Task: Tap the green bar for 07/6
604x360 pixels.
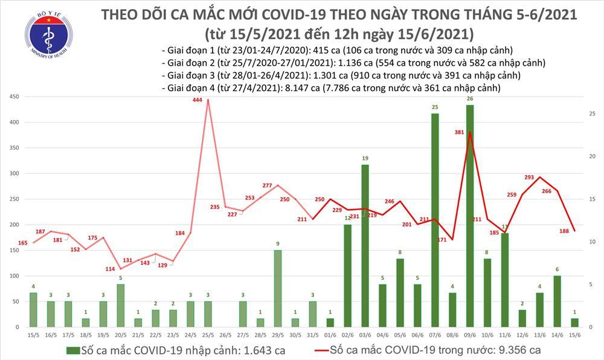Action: click(435, 220)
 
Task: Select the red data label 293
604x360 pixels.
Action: click(529, 178)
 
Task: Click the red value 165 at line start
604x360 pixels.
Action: click(23, 243)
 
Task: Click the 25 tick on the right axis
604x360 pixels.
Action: click(593, 114)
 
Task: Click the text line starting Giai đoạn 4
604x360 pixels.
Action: click(332, 88)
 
